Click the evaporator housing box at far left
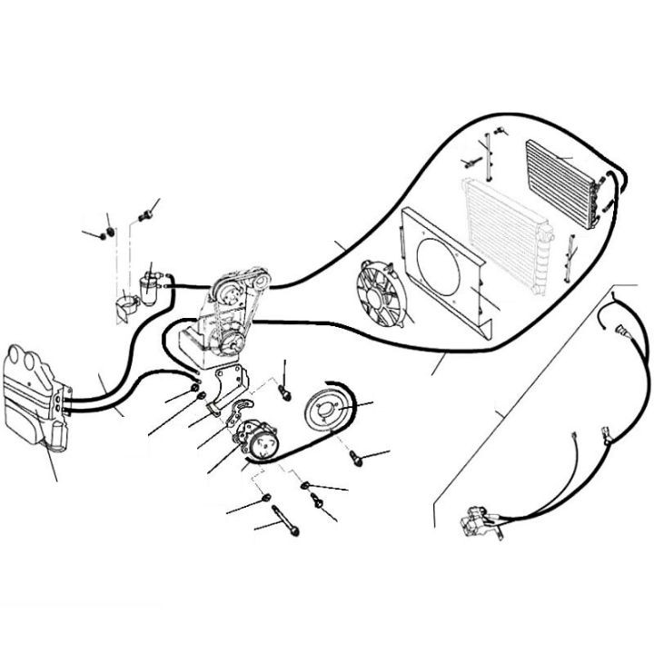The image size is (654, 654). point(35,395)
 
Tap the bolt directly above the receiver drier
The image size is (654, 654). point(144,215)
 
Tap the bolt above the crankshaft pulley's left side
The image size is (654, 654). point(285,392)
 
